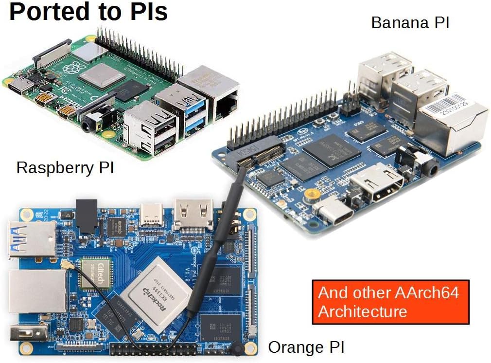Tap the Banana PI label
tap(410, 23)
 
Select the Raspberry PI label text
tap(65, 168)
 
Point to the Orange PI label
tap(306, 347)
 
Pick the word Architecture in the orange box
tap(362, 311)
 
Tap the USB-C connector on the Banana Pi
tap(333, 212)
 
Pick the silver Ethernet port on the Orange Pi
tap(37, 292)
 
